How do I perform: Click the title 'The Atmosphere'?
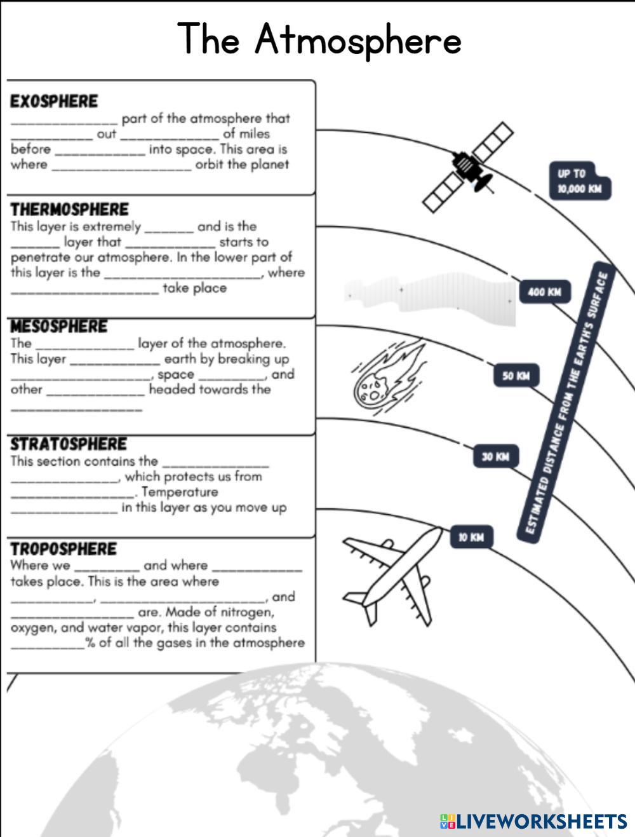click(x=319, y=39)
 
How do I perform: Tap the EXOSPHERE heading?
click(x=54, y=102)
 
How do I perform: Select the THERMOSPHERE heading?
click(x=69, y=210)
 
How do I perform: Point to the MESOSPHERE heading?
click(x=59, y=327)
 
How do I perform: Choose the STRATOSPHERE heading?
click(x=69, y=444)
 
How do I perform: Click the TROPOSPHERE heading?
click(x=63, y=549)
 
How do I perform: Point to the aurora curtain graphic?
click(x=432, y=294)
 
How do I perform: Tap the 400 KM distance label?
click(x=545, y=292)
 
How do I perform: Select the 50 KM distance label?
click(x=516, y=376)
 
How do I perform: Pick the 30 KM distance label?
click(x=495, y=456)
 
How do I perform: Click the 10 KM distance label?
click(x=471, y=537)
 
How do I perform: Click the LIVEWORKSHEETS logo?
click(x=533, y=821)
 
